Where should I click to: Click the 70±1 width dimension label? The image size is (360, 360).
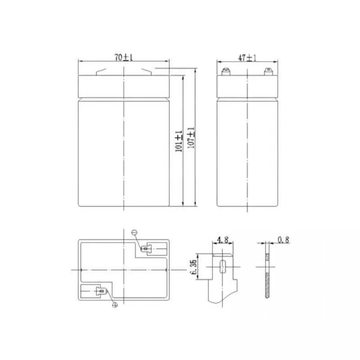click(x=124, y=57)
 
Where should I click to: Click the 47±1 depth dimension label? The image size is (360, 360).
click(x=247, y=58)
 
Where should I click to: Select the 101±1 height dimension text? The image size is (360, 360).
click(x=179, y=141)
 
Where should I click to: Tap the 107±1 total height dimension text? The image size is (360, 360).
click(x=191, y=138)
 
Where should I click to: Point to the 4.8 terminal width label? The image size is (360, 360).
click(x=223, y=240)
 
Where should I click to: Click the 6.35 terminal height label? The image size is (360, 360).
click(x=194, y=267)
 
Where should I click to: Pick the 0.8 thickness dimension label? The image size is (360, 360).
click(x=283, y=240)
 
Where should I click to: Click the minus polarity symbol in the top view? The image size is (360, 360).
click(x=134, y=232)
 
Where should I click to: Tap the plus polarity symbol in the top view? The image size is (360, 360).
click(x=115, y=305)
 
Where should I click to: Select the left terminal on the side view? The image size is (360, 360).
click(x=226, y=72)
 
